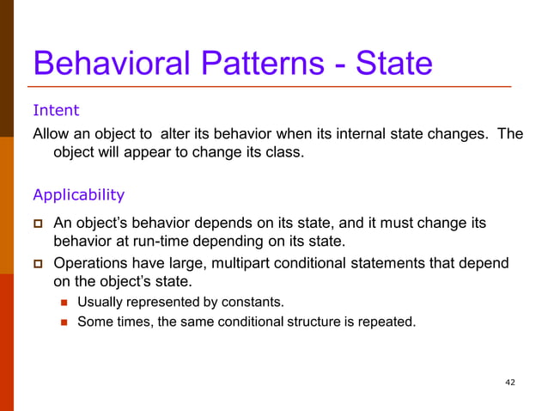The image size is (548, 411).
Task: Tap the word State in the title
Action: [x=394, y=63]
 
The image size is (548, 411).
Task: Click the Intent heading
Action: [x=56, y=110]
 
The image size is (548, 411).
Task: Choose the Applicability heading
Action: [x=78, y=194]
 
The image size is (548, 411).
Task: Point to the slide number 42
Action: [x=510, y=382]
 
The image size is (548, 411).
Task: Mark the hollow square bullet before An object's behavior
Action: [x=38, y=224]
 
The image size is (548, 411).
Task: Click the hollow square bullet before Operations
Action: [x=38, y=263]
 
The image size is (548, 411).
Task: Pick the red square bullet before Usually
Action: [x=63, y=303]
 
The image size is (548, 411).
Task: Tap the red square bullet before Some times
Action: [x=63, y=323]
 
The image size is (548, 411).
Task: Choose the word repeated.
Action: [x=387, y=322]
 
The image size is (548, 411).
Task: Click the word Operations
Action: [x=91, y=263]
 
